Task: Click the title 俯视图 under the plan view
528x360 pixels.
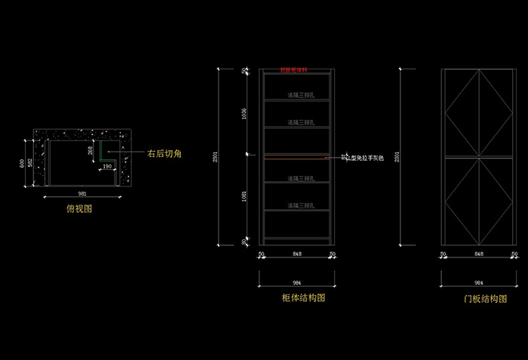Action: pos(79,209)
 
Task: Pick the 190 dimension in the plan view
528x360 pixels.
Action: pos(107,166)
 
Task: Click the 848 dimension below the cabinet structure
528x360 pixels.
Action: pos(297,254)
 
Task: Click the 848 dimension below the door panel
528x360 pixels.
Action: pos(479,254)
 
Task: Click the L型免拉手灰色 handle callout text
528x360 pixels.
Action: pos(365,158)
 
